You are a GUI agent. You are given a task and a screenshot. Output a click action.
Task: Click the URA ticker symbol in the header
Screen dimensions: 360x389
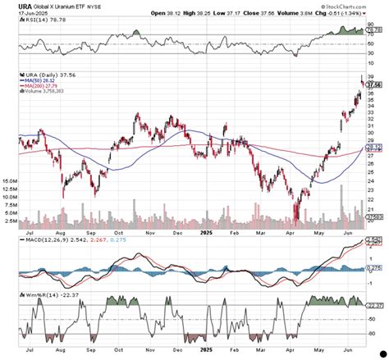point(12,4)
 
